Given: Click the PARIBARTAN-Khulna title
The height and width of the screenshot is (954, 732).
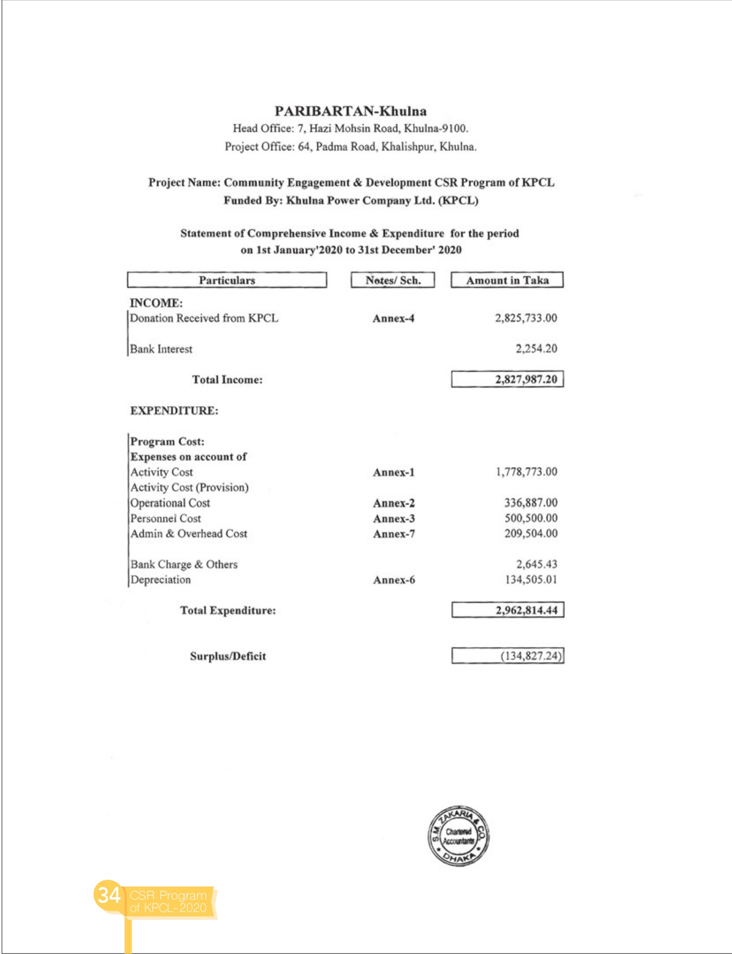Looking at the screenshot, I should (350, 111).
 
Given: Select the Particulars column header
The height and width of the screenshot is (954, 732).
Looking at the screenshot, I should (227, 280).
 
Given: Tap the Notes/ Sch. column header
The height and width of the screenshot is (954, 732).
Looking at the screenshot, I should (393, 280).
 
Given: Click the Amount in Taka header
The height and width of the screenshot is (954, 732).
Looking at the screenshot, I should (507, 280).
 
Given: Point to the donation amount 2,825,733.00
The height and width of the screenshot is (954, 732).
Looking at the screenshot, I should (525, 318).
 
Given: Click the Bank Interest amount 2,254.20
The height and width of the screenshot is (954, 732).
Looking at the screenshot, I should (536, 348).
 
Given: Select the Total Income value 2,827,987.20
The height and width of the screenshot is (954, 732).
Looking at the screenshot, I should (525, 379).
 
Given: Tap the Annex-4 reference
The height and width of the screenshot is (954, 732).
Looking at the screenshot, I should (393, 318).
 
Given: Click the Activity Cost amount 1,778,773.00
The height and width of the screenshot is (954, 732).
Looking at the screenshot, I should (526, 472).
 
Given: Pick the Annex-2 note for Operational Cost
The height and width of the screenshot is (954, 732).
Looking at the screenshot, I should (393, 503).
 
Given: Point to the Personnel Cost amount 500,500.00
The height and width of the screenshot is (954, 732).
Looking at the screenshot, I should (531, 518).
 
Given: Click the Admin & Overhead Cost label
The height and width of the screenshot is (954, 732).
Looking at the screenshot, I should (188, 533).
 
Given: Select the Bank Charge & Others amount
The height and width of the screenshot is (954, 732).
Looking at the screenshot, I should (536, 564).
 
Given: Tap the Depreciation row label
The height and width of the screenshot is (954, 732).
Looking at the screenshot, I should (161, 579).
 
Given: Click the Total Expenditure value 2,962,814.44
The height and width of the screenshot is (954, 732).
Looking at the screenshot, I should (526, 610).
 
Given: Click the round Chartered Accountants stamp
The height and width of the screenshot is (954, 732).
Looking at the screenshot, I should (458, 835).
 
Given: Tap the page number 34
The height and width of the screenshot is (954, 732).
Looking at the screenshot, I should (108, 895).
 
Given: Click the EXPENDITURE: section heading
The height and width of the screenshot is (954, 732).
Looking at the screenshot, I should (174, 410).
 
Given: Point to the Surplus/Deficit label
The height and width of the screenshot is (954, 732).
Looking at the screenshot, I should (228, 656).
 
